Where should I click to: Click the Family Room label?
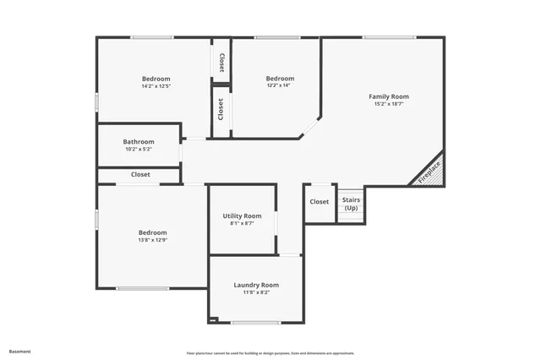pyautogui.click(x=389, y=96)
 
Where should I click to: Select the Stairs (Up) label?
pyautogui.click(x=351, y=204)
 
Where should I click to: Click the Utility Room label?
pyautogui.click(x=242, y=216)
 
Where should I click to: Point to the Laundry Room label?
pyautogui.click(x=256, y=285)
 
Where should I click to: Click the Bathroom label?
pyautogui.click(x=139, y=141)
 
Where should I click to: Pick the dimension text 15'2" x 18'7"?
pyautogui.click(x=389, y=104)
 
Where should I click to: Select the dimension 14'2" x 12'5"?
pyautogui.click(x=156, y=86)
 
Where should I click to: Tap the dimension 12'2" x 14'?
pyautogui.click(x=280, y=85)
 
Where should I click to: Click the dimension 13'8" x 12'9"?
pyautogui.click(x=153, y=240)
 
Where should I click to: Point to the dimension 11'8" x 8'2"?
pyautogui.click(x=256, y=292)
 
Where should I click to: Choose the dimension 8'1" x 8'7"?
pyautogui.click(x=242, y=224)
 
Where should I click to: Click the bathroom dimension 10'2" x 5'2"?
pyautogui.click(x=139, y=149)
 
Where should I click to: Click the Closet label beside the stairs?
pyautogui.click(x=320, y=201)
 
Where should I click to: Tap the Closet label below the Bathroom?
pyautogui.click(x=140, y=175)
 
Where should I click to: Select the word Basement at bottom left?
pyautogui.click(x=20, y=351)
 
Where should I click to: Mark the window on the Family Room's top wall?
pyautogui.click(x=389, y=37)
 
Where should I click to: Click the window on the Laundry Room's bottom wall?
pyautogui.click(x=256, y=322)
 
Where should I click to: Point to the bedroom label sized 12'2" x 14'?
pyautogui.click(x=280, y=78)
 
